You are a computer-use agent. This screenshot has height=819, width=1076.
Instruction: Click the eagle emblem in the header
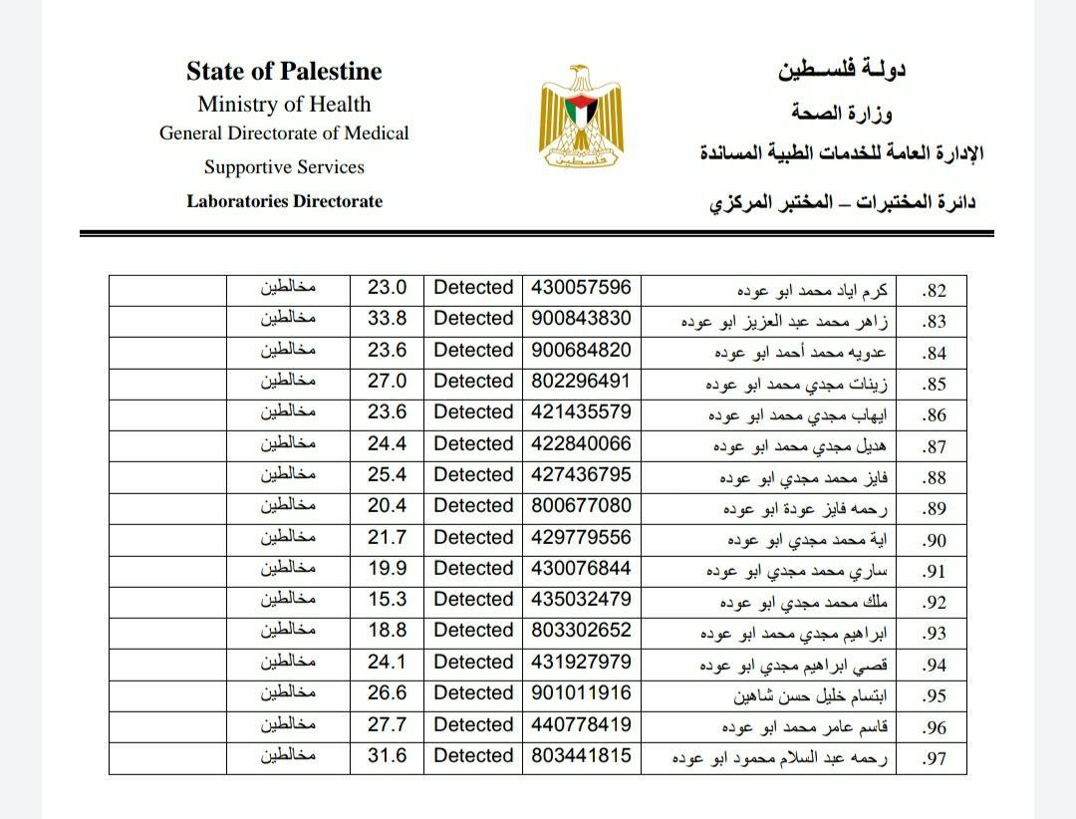581,119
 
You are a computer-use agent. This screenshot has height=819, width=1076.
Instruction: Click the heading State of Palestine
284,71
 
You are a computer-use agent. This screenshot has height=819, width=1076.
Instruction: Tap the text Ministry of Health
284,104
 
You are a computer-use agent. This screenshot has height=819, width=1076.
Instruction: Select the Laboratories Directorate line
284,201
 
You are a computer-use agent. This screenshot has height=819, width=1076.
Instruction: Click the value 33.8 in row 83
387,319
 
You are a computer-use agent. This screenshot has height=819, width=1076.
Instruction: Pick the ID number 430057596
581,288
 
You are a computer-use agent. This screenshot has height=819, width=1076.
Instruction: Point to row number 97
934,758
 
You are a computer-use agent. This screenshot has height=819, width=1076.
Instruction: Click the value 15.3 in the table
387,600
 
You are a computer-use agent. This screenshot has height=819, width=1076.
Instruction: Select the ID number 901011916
581,693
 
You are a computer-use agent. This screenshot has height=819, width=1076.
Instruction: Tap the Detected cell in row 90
473,537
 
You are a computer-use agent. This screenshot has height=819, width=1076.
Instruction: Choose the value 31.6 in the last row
387,756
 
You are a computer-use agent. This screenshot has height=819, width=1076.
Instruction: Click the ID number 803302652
581,631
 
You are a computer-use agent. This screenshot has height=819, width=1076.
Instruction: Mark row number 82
934,291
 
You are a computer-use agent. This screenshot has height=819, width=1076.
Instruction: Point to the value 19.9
387,569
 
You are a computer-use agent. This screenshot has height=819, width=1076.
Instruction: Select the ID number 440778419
581,724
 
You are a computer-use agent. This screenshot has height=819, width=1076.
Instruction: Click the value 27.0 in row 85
387,382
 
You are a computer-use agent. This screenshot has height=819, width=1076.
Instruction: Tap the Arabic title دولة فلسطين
841,70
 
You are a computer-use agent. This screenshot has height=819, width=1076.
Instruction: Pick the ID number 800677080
581,506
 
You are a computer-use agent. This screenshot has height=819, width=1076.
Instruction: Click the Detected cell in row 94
473,663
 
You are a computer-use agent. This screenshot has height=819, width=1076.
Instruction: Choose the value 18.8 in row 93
387,631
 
